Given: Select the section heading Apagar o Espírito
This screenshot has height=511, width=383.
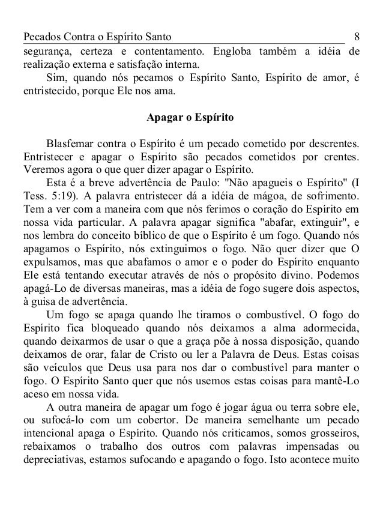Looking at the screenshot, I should (191, 119).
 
